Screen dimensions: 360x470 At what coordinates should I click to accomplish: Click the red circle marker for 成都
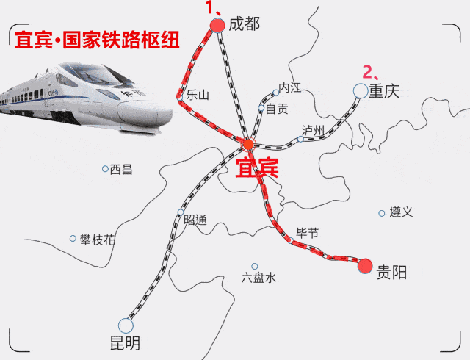pyautogui.click(x=217, y=26)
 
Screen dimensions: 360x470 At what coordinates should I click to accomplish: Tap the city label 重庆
pyautogui.click(x=383, y=91)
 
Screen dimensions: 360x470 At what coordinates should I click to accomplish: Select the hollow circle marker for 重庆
pyautogui.click(x=360, y=90)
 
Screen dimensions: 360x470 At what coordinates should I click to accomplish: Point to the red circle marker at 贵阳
pyautogui.click(x=365, y=265)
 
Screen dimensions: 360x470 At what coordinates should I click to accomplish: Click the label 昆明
pyautogui.click(x=124, y=343)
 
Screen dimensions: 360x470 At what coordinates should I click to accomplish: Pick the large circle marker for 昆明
pyautogui.click(x=126, y=325)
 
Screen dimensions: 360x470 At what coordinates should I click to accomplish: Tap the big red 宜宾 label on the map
pyautogui.click(x=256, y=168)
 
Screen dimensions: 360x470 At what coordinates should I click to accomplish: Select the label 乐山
pyautogui.click(x=198, y=95)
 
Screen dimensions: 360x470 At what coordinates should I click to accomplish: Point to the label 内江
pyautogui.click(x=290, y=87)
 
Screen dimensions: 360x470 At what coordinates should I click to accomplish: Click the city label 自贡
pyautogui.click(x=277, y=109)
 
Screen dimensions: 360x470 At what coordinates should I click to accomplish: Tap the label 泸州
pyautogui.click(x=313, y=130)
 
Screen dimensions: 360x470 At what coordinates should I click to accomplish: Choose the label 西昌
pyautogui.click(x=121, y=170)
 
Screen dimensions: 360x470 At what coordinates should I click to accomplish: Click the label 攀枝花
pyautogui.click(x=98, y=240)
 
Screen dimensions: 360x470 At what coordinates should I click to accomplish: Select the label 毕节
pyautogui.click(x=307, y=233)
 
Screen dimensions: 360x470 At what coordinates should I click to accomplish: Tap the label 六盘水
pyautogui.click(x=258, y=278)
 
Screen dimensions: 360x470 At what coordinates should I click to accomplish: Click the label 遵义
pyautogui.click(x=401, y=212)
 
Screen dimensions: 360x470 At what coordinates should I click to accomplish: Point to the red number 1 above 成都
pyautogui.click(x=209, y=8)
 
